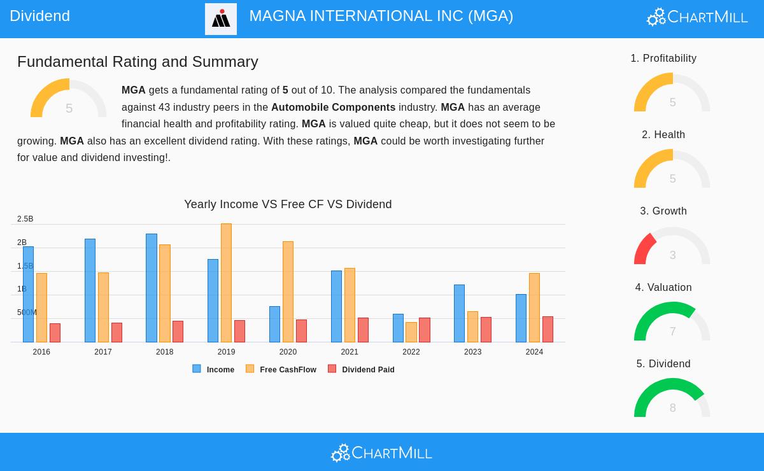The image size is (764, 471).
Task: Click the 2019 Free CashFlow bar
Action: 226,283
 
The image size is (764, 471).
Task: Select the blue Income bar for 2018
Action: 152,288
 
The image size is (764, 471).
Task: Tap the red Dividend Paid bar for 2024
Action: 548,330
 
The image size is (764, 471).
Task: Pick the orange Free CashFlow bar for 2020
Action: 288,292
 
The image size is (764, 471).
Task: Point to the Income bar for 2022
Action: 398,328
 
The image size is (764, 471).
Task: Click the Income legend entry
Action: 214,369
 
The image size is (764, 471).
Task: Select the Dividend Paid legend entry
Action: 362,369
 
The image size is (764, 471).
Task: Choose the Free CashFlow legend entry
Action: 281,369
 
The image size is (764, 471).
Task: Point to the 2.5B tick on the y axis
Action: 25,219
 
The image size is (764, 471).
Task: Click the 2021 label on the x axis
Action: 350,352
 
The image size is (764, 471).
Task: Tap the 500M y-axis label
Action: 27,313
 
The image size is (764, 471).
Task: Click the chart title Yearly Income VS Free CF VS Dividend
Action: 288,204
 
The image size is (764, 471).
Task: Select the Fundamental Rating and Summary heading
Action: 138,62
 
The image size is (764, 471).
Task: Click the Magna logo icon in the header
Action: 221,19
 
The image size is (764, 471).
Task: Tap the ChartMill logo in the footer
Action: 381,453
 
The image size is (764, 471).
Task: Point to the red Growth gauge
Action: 646,248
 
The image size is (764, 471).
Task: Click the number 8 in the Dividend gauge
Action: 672,408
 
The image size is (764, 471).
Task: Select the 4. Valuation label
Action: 663,288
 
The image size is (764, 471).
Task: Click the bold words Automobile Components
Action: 333,108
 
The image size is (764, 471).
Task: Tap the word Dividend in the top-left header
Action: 39,16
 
